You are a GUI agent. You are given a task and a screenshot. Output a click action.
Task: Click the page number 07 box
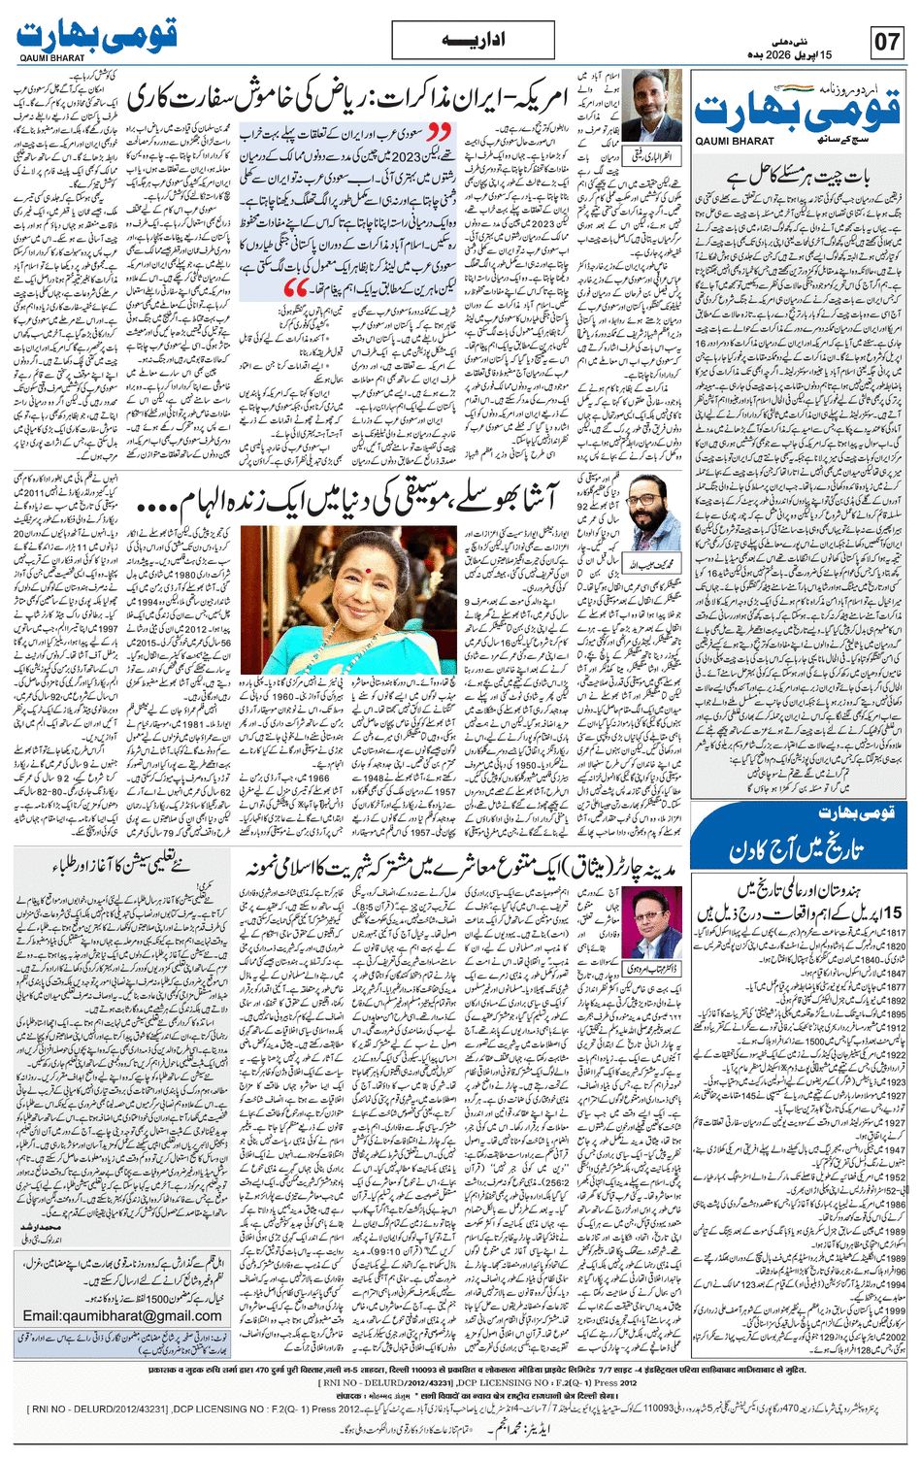887,43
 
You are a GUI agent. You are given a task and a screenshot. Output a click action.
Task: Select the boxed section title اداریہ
460,43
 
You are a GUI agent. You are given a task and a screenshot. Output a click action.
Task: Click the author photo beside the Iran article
646,106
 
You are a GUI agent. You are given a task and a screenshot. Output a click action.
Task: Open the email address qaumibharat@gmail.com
122,1315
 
